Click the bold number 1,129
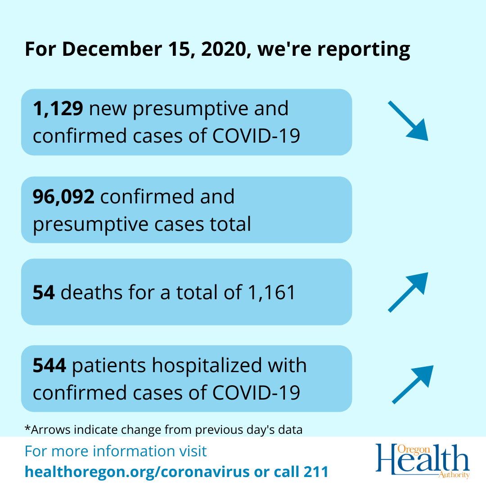[58, 109]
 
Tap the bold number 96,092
[63, 197]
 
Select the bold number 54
[44, 292]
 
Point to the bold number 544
[49, 366]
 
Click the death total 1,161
[270, 292]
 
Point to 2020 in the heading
[222, 49]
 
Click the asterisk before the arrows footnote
[27, 428]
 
